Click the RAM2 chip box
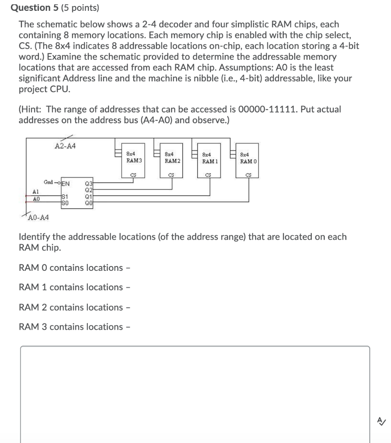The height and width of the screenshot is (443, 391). (x=172, y=160)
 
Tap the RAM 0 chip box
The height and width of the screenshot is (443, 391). (x=248, y=160)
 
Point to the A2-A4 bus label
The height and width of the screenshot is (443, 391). (x=65, y=146)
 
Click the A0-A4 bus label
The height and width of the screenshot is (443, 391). (x=38, y=218)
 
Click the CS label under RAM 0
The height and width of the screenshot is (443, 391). (x=248, y=175)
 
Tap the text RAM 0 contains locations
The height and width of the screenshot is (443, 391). (x=71, y=268)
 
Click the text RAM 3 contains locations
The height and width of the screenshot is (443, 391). (x=71, y=327)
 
